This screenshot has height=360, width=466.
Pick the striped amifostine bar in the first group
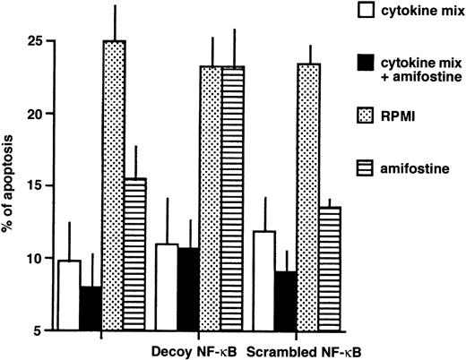tap(134, 254)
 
